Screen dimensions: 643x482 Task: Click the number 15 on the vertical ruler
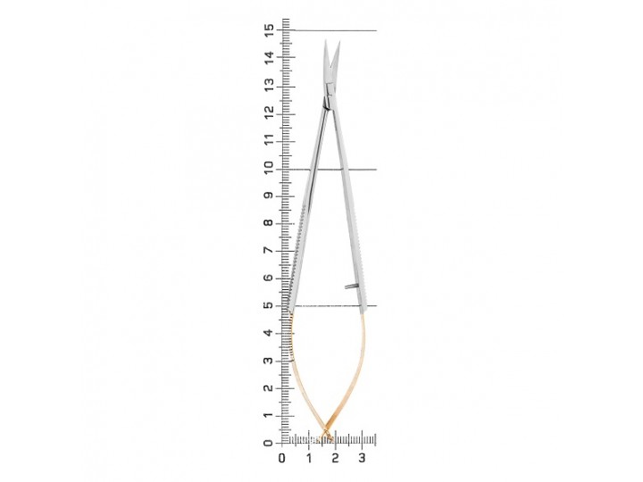[269, 30]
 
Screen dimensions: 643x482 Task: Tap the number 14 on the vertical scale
[269, 57]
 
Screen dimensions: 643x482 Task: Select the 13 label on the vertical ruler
[269, 85]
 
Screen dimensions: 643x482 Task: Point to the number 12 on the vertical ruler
[269, 112]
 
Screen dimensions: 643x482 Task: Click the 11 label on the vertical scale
[269, 140]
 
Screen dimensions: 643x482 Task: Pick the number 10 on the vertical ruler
[269, 168]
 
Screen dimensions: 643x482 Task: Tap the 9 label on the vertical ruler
[269, 195]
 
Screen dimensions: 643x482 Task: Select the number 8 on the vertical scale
[269, 223]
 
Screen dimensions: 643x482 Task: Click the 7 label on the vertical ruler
[269, 251]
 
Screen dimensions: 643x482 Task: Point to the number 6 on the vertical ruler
[269, 278]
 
